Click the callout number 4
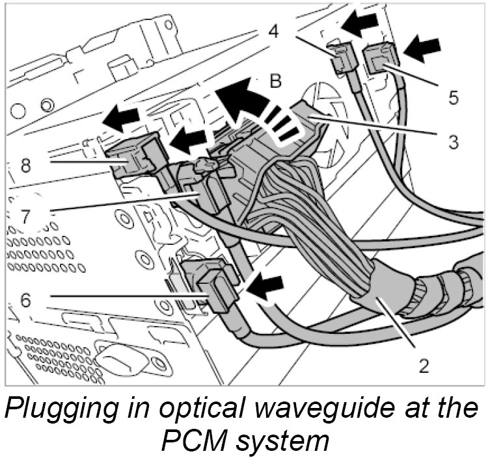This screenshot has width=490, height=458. point(274,31)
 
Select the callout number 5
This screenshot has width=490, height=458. point(453,98)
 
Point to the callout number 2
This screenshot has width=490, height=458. point(424,365)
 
